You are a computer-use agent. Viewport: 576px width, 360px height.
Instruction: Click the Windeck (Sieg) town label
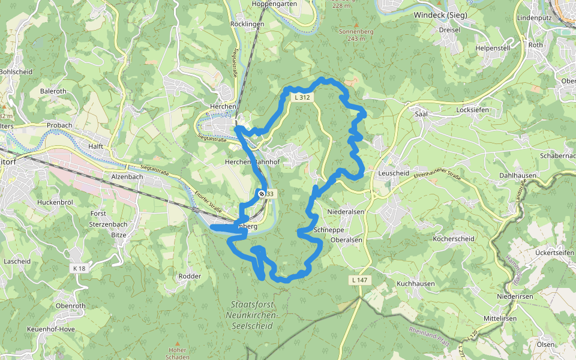pos(441,14)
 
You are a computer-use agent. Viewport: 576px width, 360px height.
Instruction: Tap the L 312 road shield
pos(302,97)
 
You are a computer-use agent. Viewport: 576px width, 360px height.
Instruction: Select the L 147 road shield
pos(359,280)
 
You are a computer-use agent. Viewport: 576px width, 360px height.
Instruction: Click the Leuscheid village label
pos(394,173)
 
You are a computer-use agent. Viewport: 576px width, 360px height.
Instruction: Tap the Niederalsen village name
pos(346,212)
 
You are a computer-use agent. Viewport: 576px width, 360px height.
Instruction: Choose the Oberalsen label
pos(346,240)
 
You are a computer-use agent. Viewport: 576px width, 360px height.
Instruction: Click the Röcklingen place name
pos(247,24)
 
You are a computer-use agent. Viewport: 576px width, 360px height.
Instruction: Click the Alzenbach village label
pos(128,177)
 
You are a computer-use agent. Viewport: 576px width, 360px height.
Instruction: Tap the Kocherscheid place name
pos(454,239)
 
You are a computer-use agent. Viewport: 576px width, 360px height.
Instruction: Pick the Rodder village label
pos(190,276)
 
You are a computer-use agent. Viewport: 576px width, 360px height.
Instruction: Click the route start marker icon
pos(261,193)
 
